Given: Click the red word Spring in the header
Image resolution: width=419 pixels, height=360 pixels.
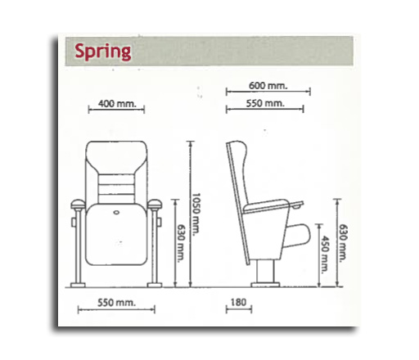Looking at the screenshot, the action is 103,52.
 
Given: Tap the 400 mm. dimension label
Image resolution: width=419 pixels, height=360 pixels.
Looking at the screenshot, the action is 117,104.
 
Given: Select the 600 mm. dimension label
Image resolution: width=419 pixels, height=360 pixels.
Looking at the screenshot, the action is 268,86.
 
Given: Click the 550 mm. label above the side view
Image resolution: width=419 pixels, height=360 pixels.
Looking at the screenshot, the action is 265,103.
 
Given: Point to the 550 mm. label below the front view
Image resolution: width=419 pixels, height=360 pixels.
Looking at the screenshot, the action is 116,303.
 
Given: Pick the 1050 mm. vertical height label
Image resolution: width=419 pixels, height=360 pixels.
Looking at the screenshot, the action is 196,213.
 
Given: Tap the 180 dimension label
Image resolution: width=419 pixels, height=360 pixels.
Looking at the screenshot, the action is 238,302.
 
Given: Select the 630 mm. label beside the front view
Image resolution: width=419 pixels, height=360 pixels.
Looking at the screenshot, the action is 181,243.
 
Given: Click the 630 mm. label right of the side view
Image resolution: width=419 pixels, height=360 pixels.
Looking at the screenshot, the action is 343,243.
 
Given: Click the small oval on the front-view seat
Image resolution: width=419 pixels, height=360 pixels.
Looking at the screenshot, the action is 116,212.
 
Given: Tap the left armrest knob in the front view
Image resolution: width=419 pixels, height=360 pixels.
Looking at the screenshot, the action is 78,205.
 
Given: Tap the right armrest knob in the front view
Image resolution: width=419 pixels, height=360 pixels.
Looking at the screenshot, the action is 155,205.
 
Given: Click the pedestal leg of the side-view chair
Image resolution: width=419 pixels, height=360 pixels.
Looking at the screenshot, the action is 265,272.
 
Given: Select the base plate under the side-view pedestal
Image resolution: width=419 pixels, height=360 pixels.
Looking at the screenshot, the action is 265,285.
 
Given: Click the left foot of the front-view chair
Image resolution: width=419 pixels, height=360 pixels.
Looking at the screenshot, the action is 78,285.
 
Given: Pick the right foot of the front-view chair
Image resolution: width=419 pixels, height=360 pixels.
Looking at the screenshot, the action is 155,285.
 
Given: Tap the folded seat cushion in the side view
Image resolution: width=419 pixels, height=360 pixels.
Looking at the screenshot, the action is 297,236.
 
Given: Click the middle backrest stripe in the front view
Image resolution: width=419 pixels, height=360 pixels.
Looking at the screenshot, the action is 116,189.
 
